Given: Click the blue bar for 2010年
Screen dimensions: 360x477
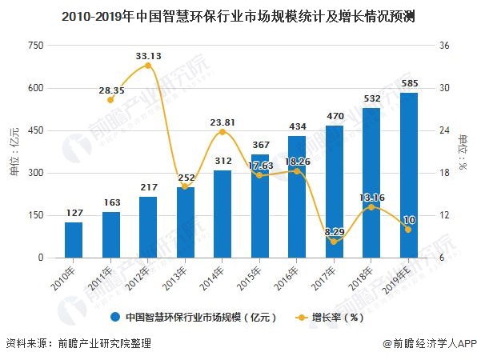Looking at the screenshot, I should tap(74, 240).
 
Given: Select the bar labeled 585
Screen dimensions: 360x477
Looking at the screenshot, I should tap(409, 176).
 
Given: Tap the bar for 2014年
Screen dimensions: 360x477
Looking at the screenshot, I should tap(222, 214).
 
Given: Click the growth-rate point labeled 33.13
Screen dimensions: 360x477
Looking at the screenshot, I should tap(147, 66).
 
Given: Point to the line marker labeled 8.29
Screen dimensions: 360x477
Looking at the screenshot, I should tap(335, 242).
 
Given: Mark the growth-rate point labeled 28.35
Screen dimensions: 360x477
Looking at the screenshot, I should tap(110, 99).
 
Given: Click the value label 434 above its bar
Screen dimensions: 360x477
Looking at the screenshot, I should tap(297, 127).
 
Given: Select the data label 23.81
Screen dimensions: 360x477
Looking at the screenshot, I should tap(222, 122).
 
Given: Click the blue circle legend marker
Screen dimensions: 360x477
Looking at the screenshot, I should tap(115, 317).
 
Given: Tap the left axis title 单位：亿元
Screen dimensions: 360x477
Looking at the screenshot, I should tap(14, 152).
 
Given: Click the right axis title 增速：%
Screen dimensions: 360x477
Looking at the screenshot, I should tap(463, 152).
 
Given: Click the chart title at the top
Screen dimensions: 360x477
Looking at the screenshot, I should tap(238, 15).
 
